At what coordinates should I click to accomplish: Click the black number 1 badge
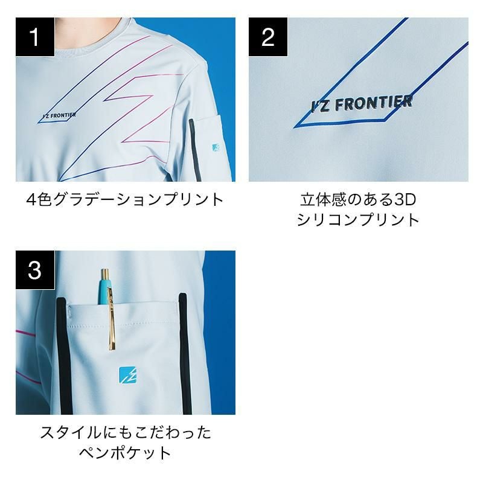click(x=35, y=37)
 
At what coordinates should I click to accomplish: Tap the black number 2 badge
click(x=268, y=37)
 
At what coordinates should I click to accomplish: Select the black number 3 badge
click(x=35, y=270)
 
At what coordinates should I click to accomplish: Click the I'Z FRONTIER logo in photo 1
click(x=59, y=115)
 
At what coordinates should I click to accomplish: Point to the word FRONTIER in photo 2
click(x=374, y=103)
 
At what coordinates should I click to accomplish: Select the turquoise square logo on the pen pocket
click(x=128, y=375)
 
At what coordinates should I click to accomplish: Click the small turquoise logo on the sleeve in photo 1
click(x=216, y=147)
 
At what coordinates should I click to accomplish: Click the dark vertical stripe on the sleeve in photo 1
click(x=195, y=150)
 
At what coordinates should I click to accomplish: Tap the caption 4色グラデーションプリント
click(x=125, y=200)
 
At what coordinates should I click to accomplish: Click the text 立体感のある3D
click(x=358, y=200)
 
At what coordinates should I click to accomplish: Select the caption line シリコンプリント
click(x=358, y=220)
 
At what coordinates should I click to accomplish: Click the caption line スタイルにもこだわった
click(x=126, y=432)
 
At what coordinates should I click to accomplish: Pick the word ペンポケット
click(x=125, y=453)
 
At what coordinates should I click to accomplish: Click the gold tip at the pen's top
click(x=105, y=273)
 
